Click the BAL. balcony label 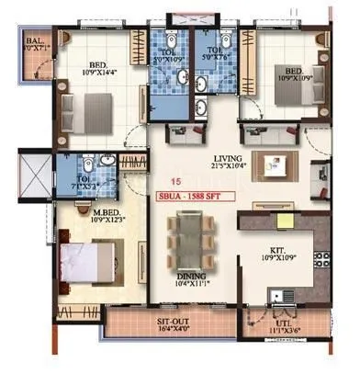(35, 41)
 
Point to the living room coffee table (273, 166)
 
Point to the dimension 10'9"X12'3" (83, 218)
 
